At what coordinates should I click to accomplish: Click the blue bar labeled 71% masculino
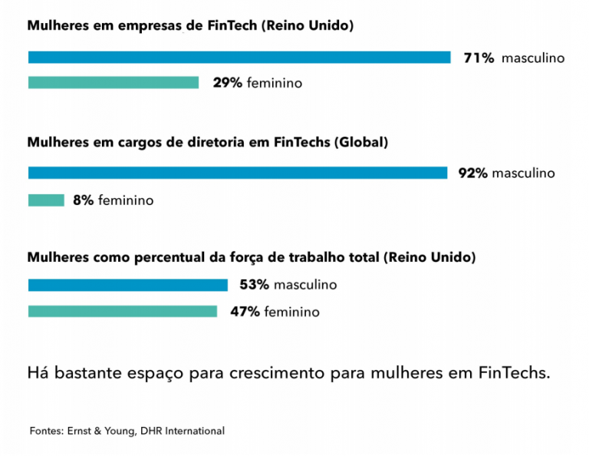click(239, 58)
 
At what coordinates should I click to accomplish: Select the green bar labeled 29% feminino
click(114, 83)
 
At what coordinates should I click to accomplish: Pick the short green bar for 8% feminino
click(46, 200)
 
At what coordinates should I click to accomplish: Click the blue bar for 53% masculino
click(128, 285)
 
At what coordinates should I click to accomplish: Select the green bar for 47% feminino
click(123, 312)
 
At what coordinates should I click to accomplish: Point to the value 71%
click(479, 58)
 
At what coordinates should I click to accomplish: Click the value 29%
click(228, 83)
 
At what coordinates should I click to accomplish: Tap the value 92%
click(473, 173)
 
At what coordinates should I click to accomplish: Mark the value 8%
click(84, 200)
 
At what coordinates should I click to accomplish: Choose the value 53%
click(255, 285)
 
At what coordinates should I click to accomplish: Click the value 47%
click(245, 312)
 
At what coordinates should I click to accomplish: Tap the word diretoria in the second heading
click(202, 142)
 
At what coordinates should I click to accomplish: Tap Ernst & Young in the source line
click(102, 431)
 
